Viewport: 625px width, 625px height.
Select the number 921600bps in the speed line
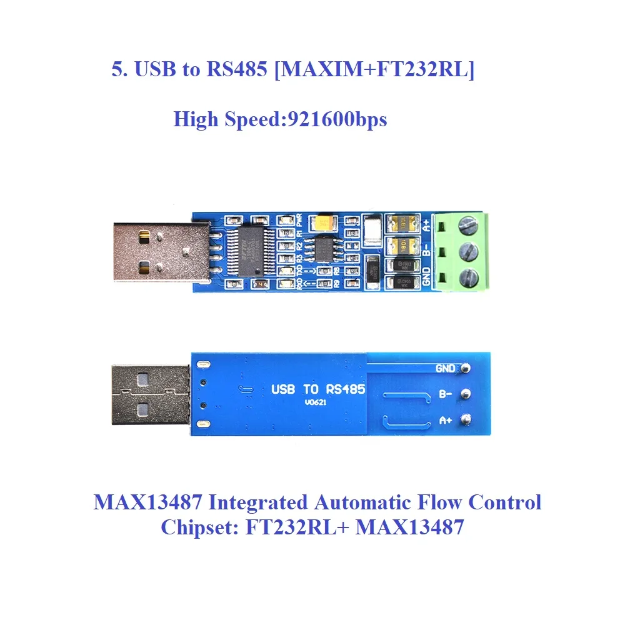point(336,119)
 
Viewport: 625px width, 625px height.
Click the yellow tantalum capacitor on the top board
point(326,222)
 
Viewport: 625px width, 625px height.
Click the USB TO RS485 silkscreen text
point(318,389)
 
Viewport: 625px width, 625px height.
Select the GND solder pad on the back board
point(465,368)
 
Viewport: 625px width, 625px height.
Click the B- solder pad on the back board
point(465,394)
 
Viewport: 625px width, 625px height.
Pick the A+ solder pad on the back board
point(465,421)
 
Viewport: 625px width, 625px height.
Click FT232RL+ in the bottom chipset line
point(297,527)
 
